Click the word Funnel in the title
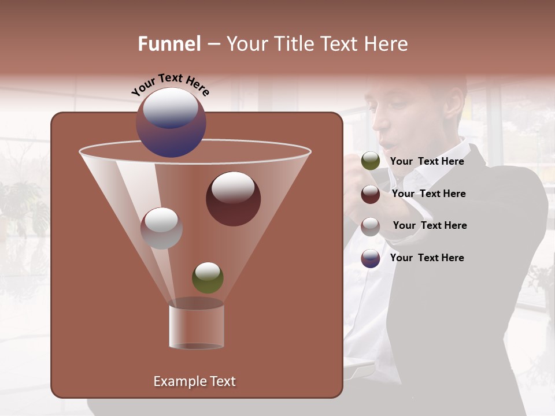pyautogui.click(x=169, y=44)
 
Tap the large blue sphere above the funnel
pyautogui.click(x=171, y=122)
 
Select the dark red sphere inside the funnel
pyautogui.click(x=233, y=199)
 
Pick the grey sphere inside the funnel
pyautogui.click(x=161, y=228)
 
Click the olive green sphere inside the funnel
pyautogui.click(x=208, y=277)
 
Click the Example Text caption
pyautogui.click(x=194, y=381)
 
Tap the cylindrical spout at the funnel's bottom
pyautogui.click(x=197, y=326)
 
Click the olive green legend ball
pyautogui.click(x=371, y=161)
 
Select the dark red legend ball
pyautogui.click(x=371, y=194)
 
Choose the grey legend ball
pyautogui.click(x=371, y=226)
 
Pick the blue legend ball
pyautogui.click(x=371, y=258)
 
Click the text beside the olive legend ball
pyautogui.click(x=427, y=161)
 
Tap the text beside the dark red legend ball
pyautogui.click(x=428, y=194)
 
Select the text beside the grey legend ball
pyautogui.click(x=430, y=225)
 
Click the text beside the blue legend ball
pyautogui.click(x=427, y=258)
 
